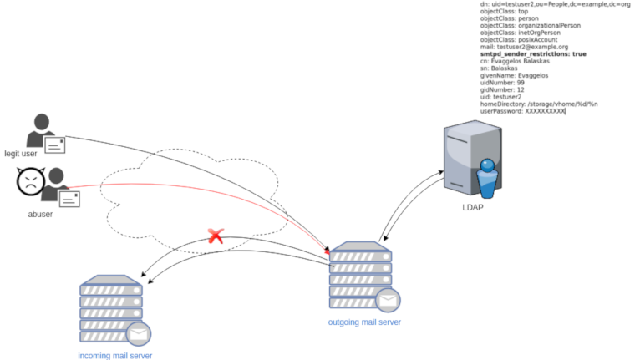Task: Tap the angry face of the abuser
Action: click(29, 182)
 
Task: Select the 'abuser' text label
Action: click(40, 214)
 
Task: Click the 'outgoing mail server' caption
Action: click(364, 322)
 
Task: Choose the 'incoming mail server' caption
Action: click(115, 355)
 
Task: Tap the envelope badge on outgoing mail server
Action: click(386, 300)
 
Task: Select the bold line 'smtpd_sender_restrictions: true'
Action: click(533, 53)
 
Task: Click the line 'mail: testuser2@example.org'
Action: click(525, 47)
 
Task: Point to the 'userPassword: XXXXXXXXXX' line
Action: click(523, 111)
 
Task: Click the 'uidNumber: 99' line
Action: click(502, 83)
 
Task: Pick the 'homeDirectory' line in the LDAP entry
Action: click(539, 104)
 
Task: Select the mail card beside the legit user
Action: click(56, 145)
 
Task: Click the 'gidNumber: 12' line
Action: click(502, 89)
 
